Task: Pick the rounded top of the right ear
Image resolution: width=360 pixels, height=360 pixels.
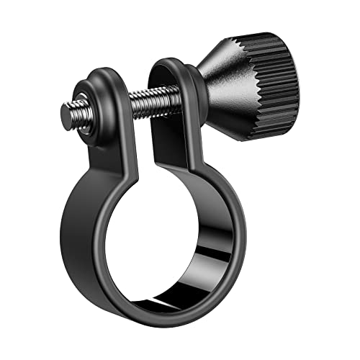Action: tap(169, 63)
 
